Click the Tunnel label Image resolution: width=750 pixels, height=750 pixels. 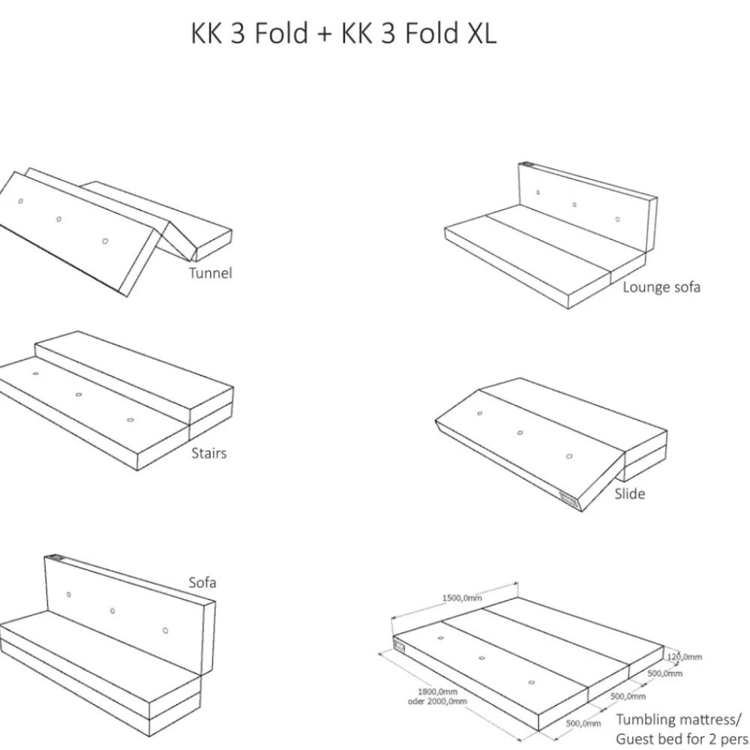(x=210, y=273)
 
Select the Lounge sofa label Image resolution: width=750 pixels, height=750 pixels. (x=661, y=286)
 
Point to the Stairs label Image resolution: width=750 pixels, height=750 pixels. (x=208, y=453)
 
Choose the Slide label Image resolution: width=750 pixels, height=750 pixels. (x=629, y=493)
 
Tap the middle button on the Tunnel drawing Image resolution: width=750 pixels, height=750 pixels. (x=58, y=219)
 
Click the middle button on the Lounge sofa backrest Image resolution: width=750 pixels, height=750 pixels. (x=574, y=204)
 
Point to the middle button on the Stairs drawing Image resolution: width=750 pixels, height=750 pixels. (x=78, y=394)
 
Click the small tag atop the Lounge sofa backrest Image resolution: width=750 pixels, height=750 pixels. (x=527, y=166)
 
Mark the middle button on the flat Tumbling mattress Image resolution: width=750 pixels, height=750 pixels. (x=481, y=658)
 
